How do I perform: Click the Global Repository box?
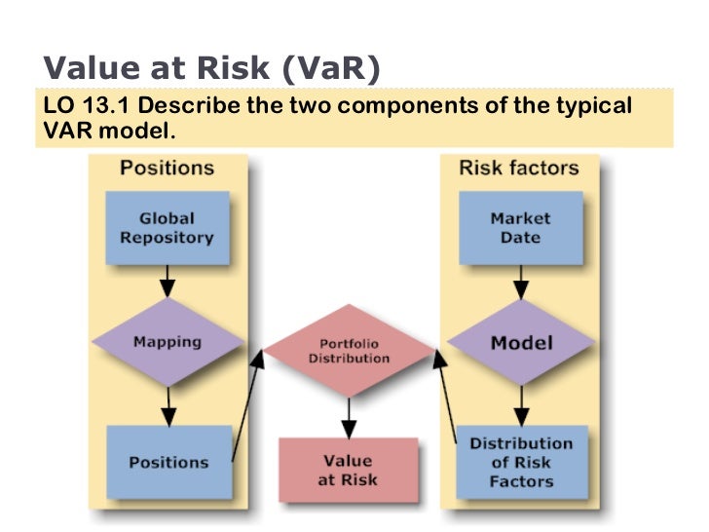click(x=167, y=228)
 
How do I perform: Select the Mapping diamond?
click(x=167, y=342)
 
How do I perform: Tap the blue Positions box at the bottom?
click(x=168, y=461)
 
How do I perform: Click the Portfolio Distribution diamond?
click(x=349, y=351)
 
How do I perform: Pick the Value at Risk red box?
click(x=348, y=471)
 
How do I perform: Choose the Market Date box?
click(x=520, y=228)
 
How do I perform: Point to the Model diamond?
click(x=521, y=342)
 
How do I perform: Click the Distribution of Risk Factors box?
click(x=521, y=462)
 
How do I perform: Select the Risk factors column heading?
click(x=519, y=168)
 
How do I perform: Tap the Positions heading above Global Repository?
click(x=167, y=168)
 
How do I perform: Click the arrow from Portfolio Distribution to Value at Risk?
click(x=348, y=415)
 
